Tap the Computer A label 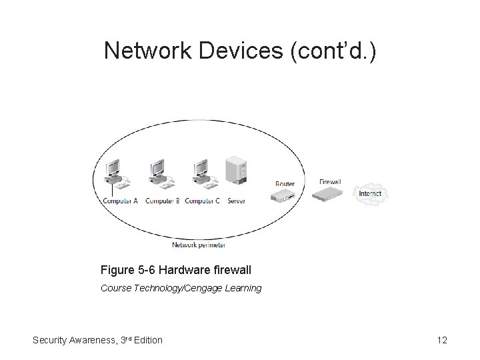[x=120, y=201]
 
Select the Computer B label [x=162, y=201]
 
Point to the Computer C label [x=202, y=201]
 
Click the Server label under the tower [x=237, y=201]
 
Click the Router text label [x=285, y=184]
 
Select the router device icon [x=284, y=195]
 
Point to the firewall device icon [x=330, y=194]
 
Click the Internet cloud [x=371, y=194]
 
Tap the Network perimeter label [x=199, y=245]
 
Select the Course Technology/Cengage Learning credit [x=181, y=288]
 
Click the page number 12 [x=441, y=340]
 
